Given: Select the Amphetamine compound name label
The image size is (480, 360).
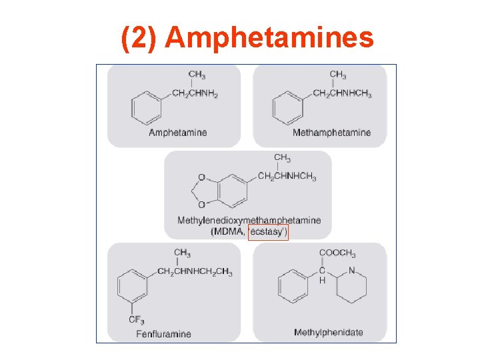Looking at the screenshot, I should click(178, 133).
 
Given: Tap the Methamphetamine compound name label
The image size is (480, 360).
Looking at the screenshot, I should click(331, 133).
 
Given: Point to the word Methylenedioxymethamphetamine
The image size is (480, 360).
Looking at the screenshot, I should click(249, 220).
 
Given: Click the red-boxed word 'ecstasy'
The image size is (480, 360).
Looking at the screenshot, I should click(268, 232).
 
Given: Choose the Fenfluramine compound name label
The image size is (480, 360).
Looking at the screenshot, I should click(163, 334).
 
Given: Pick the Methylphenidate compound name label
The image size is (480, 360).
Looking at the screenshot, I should click(329, 332).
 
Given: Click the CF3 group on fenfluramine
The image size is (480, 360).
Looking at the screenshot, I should click(135, 320).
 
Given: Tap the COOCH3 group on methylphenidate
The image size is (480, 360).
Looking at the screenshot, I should click(337, 254).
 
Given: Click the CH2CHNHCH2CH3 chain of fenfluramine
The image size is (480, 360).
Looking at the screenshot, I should click(195, 271).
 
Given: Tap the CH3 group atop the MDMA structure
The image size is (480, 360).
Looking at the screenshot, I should click(282, 159).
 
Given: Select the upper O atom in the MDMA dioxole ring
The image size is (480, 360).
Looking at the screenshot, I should click(201, 179).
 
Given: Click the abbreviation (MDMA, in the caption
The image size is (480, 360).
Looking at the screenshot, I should click(228, 232).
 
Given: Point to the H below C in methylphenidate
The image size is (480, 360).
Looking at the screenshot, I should click(322, 281).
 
